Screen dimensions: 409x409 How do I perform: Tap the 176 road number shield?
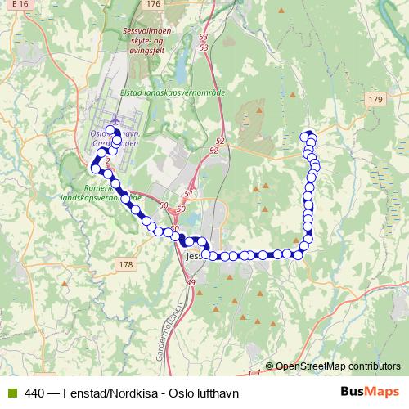[x=153, y=4]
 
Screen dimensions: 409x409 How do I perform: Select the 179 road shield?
[x=375, y=99]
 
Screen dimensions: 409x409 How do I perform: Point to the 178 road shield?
[x=125, y=264]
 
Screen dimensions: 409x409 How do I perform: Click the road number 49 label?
[x=191, y=282]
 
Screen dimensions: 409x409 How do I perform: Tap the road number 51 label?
[x=190, y=194]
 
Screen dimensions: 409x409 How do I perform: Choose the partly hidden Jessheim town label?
[x=193, y=256]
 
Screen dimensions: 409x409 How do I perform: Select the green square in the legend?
[x=10, y=393]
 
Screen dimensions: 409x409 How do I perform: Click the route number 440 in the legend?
[x=34, y=393]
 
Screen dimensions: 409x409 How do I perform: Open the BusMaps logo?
[x=371, y=392]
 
